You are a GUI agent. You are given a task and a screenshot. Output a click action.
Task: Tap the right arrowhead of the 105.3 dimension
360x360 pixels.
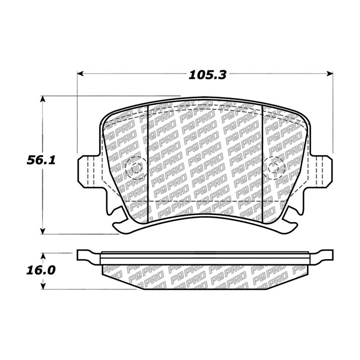tap(330, 74)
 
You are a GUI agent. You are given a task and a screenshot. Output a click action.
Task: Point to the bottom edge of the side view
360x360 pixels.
tap(204, 289)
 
